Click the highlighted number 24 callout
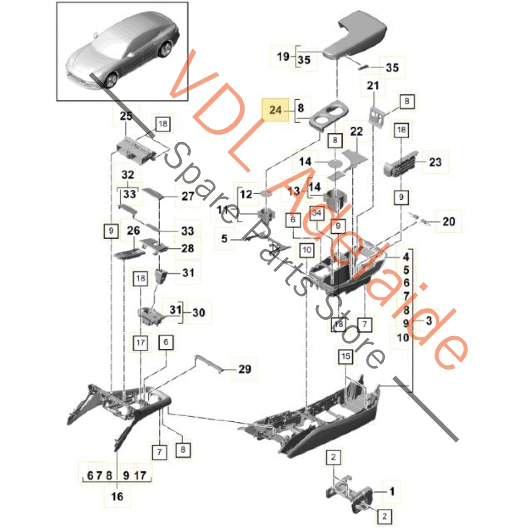click(x=275, y=110)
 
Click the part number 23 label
click(x=435, y=162)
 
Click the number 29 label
click(x=244, y=369)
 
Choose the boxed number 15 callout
click(x=346, y=356)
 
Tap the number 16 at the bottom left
click(x=117, y=496)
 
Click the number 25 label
click(x=126, y=116)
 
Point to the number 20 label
click(x=449, y=221)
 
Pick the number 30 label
click(x=199, y=312)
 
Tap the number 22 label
click(x=356, y=132)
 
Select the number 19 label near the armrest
click(x=283, y=56)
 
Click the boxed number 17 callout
click(x=140, y=343)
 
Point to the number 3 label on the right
click(x=429, y=320)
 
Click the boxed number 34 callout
click(x=317, y=213)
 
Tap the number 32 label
click(x=128, y=175)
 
